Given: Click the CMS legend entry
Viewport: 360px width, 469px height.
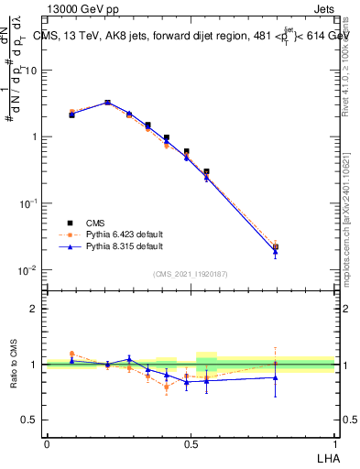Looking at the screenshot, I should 96,222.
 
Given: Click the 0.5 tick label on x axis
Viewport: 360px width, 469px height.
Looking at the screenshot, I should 191,442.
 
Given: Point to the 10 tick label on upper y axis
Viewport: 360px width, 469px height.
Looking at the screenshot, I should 31,71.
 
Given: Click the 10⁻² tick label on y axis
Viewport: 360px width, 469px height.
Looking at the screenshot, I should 27,269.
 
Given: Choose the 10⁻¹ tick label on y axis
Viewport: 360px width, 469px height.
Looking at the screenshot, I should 27,203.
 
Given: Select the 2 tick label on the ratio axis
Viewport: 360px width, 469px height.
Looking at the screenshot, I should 34,309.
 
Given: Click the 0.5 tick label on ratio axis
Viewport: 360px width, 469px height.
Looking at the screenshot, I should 29,420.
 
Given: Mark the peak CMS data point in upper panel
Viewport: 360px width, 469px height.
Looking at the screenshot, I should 107,103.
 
